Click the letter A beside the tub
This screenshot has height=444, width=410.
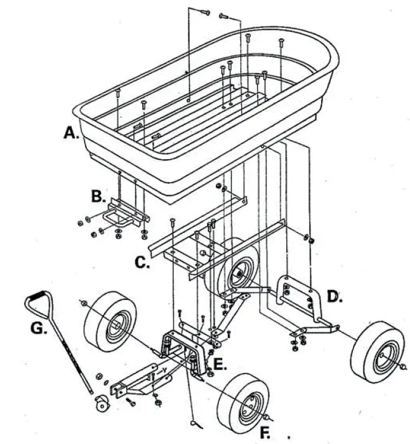69,133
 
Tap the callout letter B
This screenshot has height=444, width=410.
97,196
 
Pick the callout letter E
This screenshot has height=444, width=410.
218,364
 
